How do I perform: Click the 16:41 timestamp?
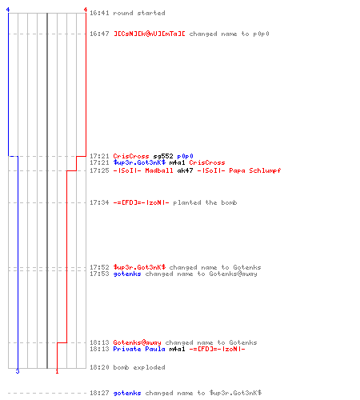(x=99, y=13)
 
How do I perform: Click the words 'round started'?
(x=139, y=13)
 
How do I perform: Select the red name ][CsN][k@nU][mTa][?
(x=150, y=34)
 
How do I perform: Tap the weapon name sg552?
(x=163, y=156)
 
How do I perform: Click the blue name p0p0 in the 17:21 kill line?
(x=185, y=156)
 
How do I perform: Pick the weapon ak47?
(x=185, y=170)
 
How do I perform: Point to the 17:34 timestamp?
(x=99, y=202)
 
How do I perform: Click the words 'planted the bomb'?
(x=205, y=202)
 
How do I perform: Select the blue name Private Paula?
(x=139, y=349)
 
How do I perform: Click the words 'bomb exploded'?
(x=139, y=367)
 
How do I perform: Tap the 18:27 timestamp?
(x=99, y=393)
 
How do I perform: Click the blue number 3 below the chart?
(x=18, y=371)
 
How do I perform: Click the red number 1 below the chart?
(x=57, y=371)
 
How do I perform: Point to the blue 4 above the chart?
(x=8, y=10)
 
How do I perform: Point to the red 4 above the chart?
(x=86, y=10)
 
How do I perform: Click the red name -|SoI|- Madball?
(x=143, y=170)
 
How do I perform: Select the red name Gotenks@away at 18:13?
(x=137, y=342)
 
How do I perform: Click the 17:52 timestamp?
(x=99, y=267)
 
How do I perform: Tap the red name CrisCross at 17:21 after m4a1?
(x=207, y=162)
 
